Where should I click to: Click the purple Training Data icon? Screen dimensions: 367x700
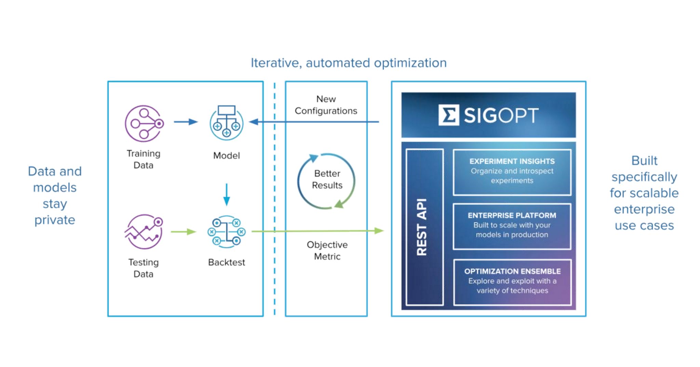(x=144, y=123)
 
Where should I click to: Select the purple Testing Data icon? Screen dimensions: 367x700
(x=144, y=232)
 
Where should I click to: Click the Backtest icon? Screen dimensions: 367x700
(x=226, y=232)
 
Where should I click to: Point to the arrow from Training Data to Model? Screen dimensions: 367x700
(x=186, y=122)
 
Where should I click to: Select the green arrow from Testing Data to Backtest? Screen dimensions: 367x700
(x=184, y=232)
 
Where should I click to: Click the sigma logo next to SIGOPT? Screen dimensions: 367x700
(x=448, y=115)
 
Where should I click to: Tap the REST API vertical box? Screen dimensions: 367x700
(x=425, y=227)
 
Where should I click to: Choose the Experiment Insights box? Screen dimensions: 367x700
(x=512, y=172)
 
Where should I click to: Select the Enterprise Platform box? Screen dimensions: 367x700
(x=512, y=226)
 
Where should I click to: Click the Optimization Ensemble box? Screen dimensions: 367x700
(x=512, y=282)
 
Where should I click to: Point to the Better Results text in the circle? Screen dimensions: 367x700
(x=327, y=179)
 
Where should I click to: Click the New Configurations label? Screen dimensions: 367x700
(x=326, y=105)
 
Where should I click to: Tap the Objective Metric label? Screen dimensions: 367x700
(x=327, y=250)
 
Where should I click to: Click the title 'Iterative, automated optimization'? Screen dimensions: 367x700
(x=349, y=63)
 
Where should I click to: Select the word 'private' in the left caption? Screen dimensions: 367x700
(x=55, y=220)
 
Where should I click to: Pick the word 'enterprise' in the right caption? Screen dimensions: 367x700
(x=644, y=209)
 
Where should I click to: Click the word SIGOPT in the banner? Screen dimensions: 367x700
(x=501, y=115)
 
